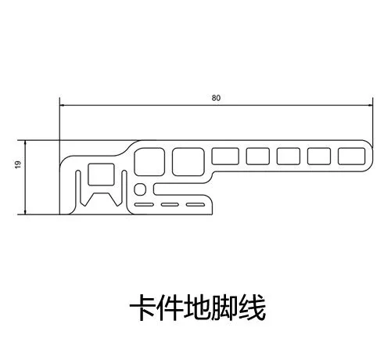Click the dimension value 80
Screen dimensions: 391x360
pos(216,98)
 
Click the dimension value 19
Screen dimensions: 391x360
pos(18,164)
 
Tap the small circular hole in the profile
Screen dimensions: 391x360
pos(140,189)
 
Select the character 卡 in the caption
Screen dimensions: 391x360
pos(143,308)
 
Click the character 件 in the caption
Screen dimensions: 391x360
pos(170,308)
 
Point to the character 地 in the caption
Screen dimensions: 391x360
pos(197,308)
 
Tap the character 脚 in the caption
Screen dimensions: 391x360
pos(224,308)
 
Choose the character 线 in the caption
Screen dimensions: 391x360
pos(252,308)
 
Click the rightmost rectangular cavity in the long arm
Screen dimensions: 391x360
pos(352,157)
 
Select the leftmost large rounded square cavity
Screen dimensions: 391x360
pos(149,162)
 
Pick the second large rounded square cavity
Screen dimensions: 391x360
pos(188,162)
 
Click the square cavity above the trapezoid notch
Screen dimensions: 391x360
pos(101,175)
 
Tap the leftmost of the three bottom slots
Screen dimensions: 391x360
pos(144,205)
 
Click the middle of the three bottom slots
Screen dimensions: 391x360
pos(170,205)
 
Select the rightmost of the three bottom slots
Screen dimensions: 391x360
pos(195,205)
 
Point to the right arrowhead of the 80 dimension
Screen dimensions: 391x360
pos(370,106)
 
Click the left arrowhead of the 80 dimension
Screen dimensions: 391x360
pos(63,106)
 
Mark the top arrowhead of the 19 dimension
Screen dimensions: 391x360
pos(25,143)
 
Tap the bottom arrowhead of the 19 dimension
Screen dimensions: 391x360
pos(25,211)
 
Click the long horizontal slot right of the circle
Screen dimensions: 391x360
pos(183,189)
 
